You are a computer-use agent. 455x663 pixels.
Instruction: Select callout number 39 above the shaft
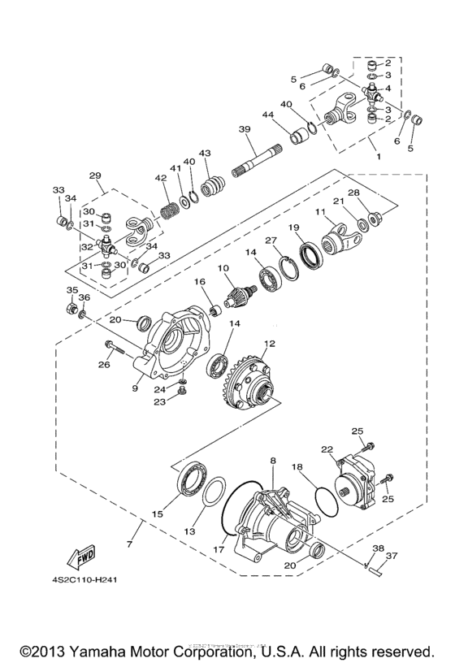(244, 130)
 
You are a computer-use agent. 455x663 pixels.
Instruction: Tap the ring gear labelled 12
(250, 380)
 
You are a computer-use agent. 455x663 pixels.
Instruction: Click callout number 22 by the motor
(327, 448)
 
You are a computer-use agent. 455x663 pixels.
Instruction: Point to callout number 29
(94, 175)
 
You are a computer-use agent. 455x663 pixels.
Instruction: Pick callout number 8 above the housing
(273, 461)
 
